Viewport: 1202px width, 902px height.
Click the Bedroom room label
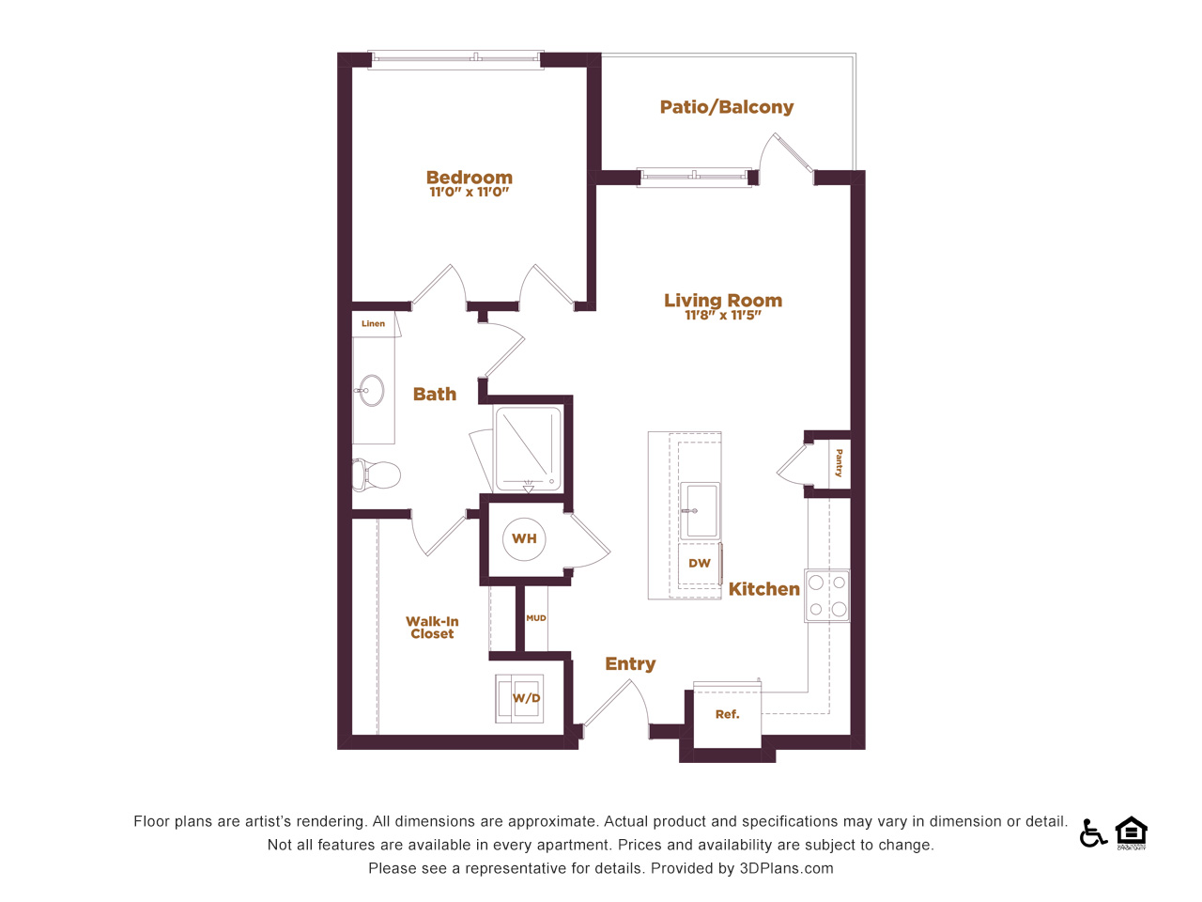(x=470, y=177)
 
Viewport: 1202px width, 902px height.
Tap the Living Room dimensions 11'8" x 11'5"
(x=723, y=315)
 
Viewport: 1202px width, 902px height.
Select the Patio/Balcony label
(x=727, y=107)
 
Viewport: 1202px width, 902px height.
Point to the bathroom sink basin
(x=371, y=391)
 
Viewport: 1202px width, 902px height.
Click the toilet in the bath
(x=376, y=474)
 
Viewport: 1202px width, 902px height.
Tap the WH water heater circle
(x=524, y=539)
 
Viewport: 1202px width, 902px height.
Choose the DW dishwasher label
(x=700, y=563)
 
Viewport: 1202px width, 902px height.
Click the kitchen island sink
(x=700, y=510)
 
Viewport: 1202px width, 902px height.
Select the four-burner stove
(x=827, y=596)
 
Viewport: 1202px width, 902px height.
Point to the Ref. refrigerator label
(x=727, y=714)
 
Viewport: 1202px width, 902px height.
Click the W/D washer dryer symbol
(x=519, y=698)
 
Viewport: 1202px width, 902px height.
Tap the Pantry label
(x=839, y=463)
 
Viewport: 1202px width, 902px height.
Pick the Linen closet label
(x=373, y=323)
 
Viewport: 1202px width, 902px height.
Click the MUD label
(x=536, y=618)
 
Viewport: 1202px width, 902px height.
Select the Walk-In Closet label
(x=432, y=628)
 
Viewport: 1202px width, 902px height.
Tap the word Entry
(x=630, y=663)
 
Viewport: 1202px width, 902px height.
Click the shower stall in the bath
(x=528, y=448)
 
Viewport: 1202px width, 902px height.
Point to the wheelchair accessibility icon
(x=1092, y=833)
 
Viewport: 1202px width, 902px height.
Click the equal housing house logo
(x=1132, y=832)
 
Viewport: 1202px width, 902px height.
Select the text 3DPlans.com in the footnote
(x=786, y=868)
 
